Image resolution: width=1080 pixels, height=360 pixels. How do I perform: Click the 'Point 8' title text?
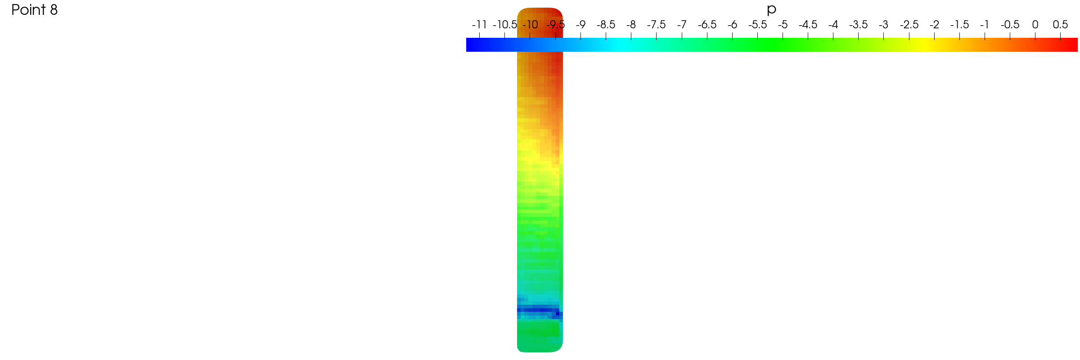coord(35,10)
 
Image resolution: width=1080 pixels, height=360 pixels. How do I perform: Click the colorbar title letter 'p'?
coord(771,10)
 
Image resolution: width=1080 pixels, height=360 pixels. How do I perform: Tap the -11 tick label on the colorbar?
coord(479,25)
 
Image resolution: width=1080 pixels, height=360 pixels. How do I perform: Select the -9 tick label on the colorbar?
coord(581,25)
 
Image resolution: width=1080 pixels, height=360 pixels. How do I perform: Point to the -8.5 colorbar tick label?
coord(606,25)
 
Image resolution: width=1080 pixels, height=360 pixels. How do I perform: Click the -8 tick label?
coord(631,25)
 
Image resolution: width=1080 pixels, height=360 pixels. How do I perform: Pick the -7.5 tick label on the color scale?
coord(657,25)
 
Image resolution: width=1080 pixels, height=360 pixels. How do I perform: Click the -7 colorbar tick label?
coord(682,25)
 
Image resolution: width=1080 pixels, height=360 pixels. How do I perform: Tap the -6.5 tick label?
coord(707,25)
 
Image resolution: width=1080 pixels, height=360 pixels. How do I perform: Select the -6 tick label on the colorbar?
coord(733,25)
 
